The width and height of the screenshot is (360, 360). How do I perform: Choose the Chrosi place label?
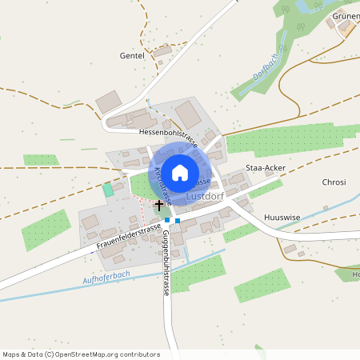pyautogui.click(x=334, y=182)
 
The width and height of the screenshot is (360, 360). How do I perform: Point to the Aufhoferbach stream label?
pyautogui.click(x=106, y=278)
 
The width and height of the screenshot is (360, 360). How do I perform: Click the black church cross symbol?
pyautogui.click(x=158, y=205)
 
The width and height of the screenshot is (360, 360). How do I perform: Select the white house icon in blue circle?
pyautogui.click(x=180, y=172)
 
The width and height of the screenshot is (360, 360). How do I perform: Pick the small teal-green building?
pyautogui.click(x=108, y=190)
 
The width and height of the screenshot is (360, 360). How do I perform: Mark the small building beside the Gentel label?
pyautogui.click(x=163, y=51)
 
